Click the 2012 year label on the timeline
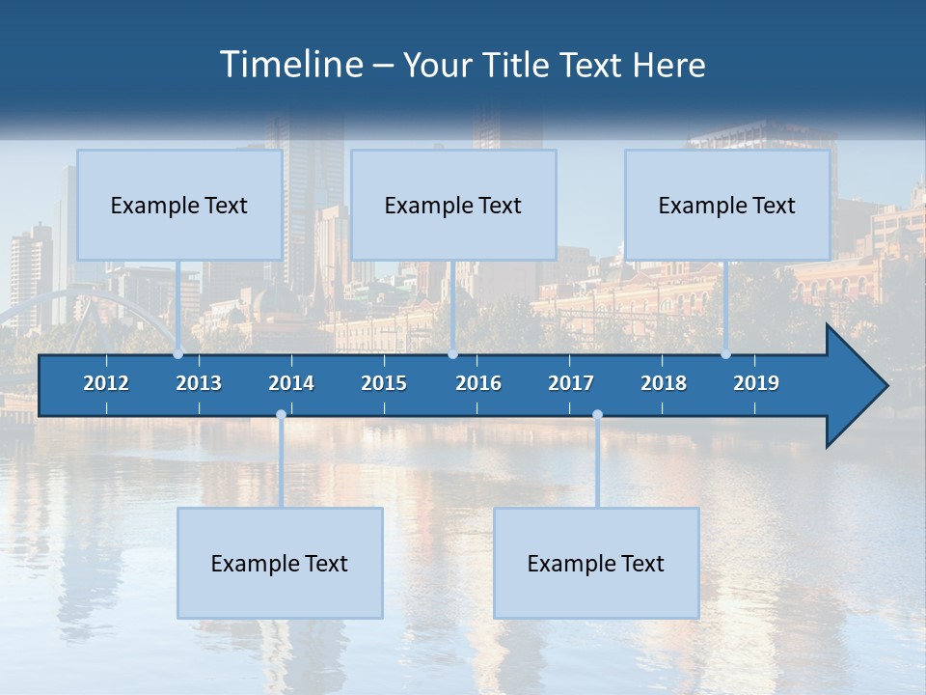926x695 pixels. (x=106, y=383)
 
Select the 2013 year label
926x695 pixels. (x=199, y=383)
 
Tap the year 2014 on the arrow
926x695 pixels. (x=291, y=383)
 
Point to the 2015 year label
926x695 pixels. (x=384, y=383)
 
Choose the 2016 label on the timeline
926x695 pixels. (x=478, y=383)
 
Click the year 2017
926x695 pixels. (x=571, y=383)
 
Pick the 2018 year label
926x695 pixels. (x=664, y=383)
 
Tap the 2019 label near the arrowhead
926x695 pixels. (x=756, y=383)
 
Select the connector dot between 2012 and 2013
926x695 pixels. (x=177, y=353)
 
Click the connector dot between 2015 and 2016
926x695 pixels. (x=452, y=353)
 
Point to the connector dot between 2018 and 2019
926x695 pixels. (x=725, y=353)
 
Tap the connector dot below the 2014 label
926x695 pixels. (x=281, y=415)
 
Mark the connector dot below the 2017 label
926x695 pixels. (x=597, y=415)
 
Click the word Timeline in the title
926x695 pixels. (x=291, y=65)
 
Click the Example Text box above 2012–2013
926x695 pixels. (x=179, y=205)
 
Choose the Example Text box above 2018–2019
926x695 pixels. (x=727, y=205)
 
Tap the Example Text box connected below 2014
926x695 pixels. (x=280, y=563)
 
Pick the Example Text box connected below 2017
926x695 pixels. (x=596, y=563)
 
